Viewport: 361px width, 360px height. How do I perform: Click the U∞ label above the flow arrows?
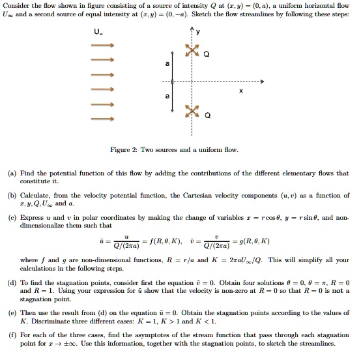click(x=100, y=32)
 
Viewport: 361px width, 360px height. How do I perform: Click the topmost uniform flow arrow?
click(x=103, y=46)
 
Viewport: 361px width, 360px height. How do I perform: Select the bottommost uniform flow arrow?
click(x=103, y=119)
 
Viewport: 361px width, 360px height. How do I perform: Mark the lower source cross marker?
click(x=191, y=115)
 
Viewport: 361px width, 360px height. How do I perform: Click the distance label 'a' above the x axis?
click(x=167, y=65)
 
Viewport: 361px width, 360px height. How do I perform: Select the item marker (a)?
click(x=11, y=173)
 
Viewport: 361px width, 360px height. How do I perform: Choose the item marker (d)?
click(x=11, y=282)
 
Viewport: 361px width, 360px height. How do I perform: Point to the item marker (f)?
click(x=11, y=335)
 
